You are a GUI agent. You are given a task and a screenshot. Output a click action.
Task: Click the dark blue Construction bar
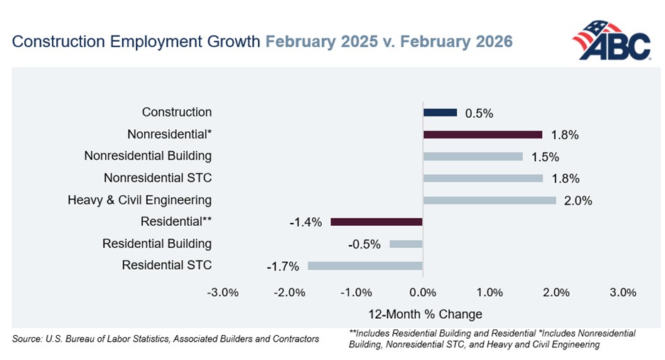pos(440,112)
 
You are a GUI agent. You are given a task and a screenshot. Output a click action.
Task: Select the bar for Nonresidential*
pos(482,134)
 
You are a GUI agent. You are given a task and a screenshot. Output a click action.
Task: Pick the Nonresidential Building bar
pos(472,156)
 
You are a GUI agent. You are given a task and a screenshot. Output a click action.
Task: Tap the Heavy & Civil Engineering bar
pos(490,200)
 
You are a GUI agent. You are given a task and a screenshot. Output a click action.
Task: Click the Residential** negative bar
pos(377,222)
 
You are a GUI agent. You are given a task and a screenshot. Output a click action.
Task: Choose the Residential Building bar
pos(406,244)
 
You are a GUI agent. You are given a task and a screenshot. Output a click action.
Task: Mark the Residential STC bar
pos(365,266)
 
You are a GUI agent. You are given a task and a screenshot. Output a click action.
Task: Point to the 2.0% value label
pos(578,201)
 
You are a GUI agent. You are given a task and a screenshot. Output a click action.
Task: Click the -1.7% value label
pos(281,267)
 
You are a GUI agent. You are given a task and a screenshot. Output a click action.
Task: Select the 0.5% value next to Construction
pos(479,113)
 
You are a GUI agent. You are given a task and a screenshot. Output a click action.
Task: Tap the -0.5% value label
pos(362,245)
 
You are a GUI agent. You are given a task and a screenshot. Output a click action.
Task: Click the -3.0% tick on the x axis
pos(222,293)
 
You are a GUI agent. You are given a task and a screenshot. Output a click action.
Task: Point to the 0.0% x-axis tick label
pos(423,293)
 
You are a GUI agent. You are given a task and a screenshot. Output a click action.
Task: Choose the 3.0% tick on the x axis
pos(623,293)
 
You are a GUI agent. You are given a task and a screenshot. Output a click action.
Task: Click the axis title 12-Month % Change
pos(425,314)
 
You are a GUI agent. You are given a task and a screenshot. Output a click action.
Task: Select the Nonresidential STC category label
pos(158,178)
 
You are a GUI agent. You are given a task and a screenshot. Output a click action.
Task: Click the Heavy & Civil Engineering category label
pos(139,200)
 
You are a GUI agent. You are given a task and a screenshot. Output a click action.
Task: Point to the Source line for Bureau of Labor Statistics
pos(166,339)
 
